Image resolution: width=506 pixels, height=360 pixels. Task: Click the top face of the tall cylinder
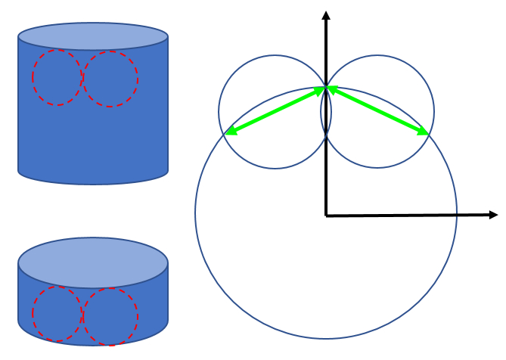coord(93,36)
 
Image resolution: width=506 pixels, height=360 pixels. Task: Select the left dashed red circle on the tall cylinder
coord(57,77)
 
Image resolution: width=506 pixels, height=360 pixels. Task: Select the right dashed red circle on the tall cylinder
coord(110,79)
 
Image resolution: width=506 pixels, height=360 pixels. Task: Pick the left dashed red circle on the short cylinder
coord(57,314)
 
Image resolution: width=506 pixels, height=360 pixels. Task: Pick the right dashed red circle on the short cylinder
coord(110,316)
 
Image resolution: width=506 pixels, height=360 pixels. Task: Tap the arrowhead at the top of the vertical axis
coord(326,15)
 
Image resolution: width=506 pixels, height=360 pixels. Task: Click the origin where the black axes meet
coord(326,216)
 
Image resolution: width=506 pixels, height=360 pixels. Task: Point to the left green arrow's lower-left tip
coord(226,135)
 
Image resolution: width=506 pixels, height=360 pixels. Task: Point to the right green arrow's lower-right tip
coord(429,135)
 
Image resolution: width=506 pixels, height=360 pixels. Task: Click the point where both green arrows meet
coord(326,88)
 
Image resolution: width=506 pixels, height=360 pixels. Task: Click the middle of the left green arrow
coord(276,111)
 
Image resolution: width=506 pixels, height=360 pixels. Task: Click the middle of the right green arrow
coord(377,111)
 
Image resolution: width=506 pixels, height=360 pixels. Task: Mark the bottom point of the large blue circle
coord(326,338)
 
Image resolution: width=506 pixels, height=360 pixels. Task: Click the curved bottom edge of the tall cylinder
coord(93,183)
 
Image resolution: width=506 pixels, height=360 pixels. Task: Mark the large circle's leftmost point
coord(195,213)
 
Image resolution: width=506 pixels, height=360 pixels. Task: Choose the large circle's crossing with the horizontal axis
coord(457,215)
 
